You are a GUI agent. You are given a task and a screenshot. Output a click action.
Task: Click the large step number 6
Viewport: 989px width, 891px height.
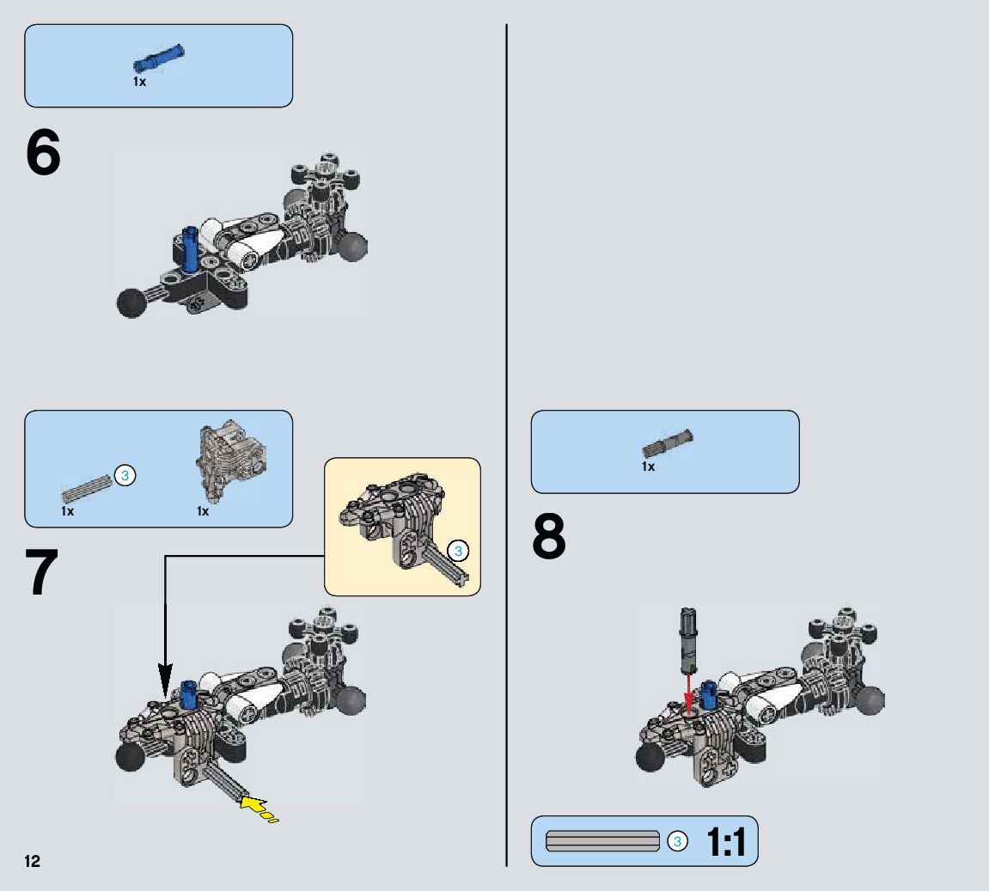click(44, 154)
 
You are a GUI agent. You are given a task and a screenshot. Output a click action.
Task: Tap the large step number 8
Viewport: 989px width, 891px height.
click(549, 537)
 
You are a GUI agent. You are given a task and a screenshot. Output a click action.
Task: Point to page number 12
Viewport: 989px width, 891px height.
click(32, 862)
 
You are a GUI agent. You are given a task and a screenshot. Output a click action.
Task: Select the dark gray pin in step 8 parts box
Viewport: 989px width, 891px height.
click(668, 442)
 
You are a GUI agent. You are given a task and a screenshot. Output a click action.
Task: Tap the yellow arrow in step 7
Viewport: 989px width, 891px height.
click(254, 805)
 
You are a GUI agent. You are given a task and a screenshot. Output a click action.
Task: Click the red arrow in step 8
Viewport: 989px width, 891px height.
click(687, 691)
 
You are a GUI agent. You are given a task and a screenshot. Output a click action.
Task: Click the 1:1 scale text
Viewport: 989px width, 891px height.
click(726, 842)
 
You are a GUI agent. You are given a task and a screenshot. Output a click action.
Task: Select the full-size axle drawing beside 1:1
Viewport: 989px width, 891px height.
click(602, 841)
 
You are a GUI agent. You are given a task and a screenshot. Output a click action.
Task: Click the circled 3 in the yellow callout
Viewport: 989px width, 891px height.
click(458, 551)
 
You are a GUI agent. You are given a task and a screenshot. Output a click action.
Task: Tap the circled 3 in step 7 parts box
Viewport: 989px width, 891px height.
click(125, 475)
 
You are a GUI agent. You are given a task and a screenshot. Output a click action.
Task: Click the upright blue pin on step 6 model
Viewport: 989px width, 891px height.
click(191, 247)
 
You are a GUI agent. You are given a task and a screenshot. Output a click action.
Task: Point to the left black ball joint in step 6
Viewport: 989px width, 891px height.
click(131, 302)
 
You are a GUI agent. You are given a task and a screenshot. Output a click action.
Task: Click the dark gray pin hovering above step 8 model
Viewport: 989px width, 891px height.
click(688, 639)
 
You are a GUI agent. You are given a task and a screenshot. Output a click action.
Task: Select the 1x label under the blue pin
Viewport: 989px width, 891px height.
click(139, 82)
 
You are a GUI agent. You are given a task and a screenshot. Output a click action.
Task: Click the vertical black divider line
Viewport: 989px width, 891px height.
click(507, 430)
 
